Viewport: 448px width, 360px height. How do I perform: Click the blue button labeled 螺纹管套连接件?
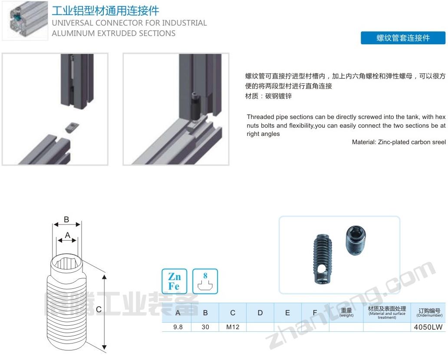coord(403,38)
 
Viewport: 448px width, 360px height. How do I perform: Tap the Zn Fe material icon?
coord(174,281)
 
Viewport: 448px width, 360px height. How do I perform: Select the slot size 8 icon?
coord(205,281)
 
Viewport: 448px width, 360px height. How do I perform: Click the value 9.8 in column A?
coord(178,327)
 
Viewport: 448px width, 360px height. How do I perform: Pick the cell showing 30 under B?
coord(205,327)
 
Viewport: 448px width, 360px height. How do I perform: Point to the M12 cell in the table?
coord(233,327)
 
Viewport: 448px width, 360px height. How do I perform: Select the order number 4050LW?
coord(428,327)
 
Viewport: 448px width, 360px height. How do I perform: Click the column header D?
coord(260,313)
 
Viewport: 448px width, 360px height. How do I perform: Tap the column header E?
coord(287,313)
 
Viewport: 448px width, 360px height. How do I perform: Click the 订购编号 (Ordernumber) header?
coord(429,313)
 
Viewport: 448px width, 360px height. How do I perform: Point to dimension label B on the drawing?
coord(66,219)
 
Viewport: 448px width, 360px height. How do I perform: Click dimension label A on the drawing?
coord(67,235)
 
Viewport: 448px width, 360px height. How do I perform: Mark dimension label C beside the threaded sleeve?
coord(99,310)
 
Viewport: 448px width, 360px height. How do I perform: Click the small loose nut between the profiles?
coord(72,127)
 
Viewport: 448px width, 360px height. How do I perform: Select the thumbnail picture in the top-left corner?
coord(25,20)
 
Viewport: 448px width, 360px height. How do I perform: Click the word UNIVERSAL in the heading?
coord(72,23)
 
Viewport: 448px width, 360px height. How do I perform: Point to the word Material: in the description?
coord(364,142)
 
